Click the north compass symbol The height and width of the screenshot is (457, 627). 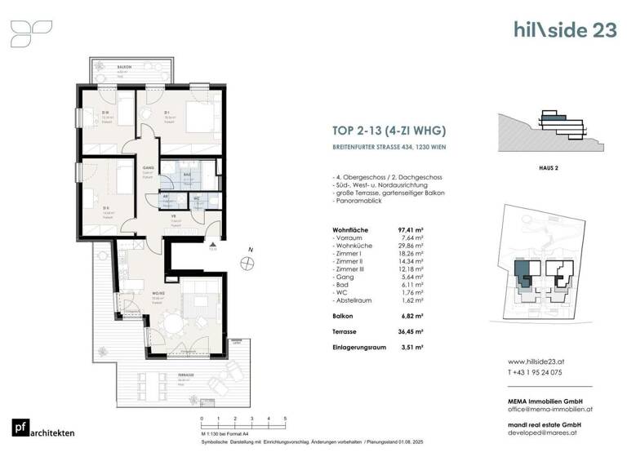(x=247, y=263)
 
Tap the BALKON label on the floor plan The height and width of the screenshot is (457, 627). (x=124, y=68)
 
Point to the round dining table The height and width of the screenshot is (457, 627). (x=172, y=325)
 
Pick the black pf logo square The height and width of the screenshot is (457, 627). (x=20, y=428)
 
